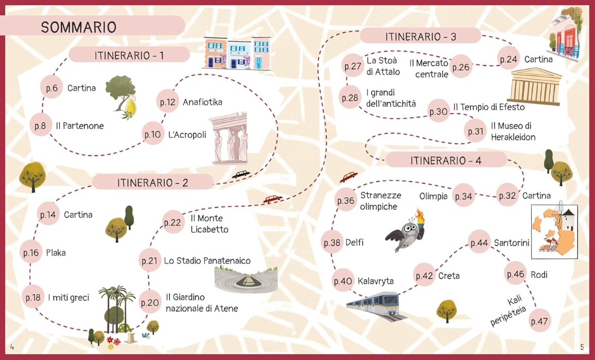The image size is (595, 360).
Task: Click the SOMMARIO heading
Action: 79,27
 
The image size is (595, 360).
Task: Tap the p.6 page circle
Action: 51,88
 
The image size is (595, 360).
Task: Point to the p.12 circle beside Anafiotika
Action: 168,102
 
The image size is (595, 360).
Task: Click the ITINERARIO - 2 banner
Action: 153,182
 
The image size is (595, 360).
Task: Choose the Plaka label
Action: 56,253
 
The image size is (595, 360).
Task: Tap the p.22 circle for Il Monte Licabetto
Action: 173,222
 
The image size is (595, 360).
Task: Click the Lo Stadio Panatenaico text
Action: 207,261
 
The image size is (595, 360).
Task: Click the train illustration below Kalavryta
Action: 377,305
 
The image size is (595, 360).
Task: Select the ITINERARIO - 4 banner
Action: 446,160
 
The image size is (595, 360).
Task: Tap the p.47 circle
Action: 539,321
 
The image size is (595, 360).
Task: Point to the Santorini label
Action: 511,242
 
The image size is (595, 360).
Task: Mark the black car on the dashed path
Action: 241,174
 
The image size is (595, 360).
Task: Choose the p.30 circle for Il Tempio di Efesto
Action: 439,112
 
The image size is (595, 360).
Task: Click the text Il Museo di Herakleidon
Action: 513,131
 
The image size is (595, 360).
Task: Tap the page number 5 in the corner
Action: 582,347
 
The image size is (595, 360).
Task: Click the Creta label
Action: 449,276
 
